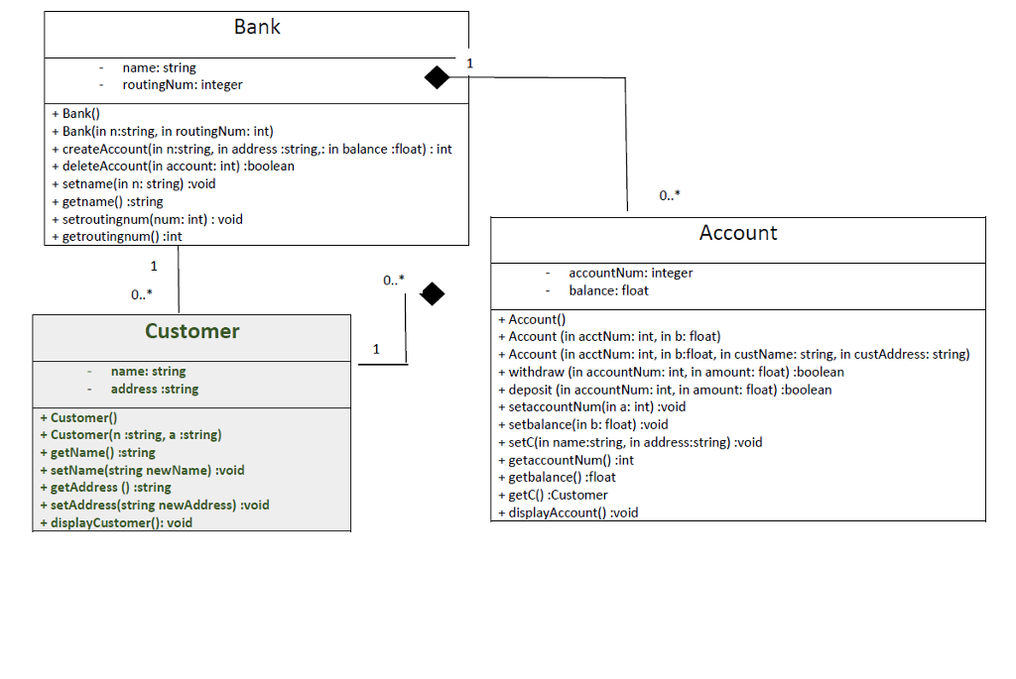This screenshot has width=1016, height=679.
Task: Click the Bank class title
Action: coord(257,28)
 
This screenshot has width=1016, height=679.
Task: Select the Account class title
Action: coord(738,233)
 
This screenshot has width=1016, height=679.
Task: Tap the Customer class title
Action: coord(191,331)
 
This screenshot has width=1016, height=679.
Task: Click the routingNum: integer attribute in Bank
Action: coord(183,85)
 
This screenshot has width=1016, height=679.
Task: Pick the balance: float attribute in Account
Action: coord(608,290)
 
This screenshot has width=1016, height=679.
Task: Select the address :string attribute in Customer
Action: coord(154,390)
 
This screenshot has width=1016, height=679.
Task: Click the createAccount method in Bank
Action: coord(251,149)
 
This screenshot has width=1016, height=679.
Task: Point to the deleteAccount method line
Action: coord(173,167)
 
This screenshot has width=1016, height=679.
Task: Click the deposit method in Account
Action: coord(665,390)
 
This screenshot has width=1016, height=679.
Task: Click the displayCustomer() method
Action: coord(116,522)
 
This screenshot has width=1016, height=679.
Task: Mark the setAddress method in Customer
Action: coord(154,505)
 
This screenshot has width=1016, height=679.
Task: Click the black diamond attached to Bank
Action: coord(437,76)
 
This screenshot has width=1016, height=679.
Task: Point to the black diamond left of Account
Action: coord(433,293)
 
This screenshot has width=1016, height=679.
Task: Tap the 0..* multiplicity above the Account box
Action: coord(670,196)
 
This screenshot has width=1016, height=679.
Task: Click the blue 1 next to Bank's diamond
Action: coord(469,63)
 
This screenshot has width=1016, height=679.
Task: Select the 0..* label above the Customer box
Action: coord(142,294)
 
